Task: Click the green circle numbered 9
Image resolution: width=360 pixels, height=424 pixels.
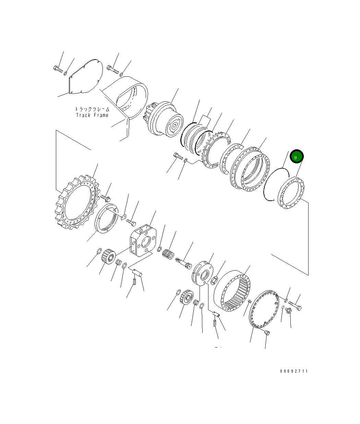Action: (296, 157)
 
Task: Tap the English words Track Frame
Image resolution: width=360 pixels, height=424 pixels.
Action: (92, 115)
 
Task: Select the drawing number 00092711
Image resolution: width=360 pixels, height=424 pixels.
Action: (294, 371)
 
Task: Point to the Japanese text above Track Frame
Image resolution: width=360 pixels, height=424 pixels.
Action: (92, 109)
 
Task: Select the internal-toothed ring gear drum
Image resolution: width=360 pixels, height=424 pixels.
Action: (233, 289)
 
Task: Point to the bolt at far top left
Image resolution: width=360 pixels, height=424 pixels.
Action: (58, 70)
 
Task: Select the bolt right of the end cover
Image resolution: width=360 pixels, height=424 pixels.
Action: (295, 304)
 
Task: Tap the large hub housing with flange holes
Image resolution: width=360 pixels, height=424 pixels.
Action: (250, 167)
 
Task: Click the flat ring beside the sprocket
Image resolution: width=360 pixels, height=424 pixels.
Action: (106, 219)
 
